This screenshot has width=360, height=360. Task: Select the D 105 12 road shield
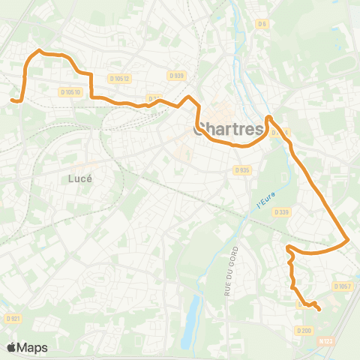pos(119,79)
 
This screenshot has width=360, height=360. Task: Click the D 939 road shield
pos(176,75)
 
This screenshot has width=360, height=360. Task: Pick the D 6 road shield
pos(262,24)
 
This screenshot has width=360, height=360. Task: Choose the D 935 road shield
pos(241,170)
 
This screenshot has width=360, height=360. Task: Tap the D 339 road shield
pos(282,212)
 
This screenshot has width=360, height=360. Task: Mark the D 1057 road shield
pos(342,286)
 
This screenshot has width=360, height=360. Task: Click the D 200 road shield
pos(304,330)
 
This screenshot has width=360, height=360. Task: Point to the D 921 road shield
pos(13,319)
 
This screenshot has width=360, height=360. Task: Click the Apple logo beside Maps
pos(12,347)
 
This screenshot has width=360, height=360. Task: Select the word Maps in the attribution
pos(33,347)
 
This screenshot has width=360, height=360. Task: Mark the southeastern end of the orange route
pos(319,309)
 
